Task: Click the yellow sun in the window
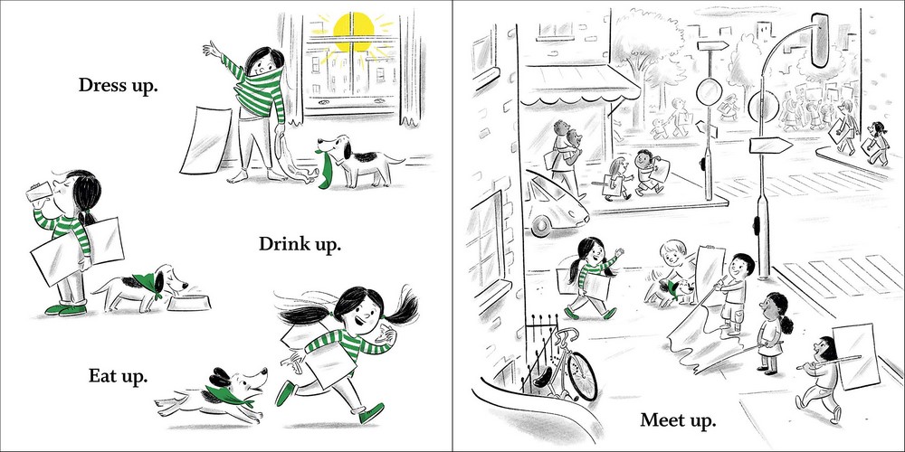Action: (x=353, y=32)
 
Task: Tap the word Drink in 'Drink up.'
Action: (x=282, y=244)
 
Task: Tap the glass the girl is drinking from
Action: (x=40, y=192)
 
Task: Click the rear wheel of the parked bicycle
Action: (x=581, y=376)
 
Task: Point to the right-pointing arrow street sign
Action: (x=770, y=146)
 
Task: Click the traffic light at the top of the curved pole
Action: (x=820, y=41)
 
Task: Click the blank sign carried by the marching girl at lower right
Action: (x=856, y=355)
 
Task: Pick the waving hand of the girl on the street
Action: (x=618, y=253)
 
